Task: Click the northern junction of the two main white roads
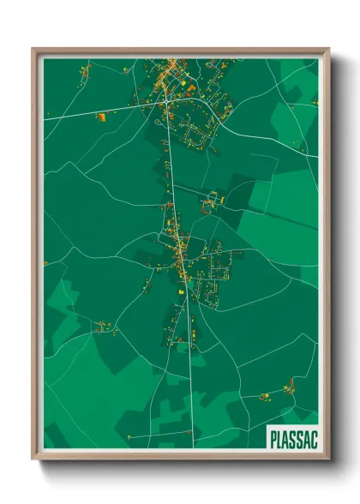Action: pyautogui.click(x=166, y=105)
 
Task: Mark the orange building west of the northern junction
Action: pyautogui.click(x=102, y=115)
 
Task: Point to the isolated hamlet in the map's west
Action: pyautogui.click(x=105, y=326)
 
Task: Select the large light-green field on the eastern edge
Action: pyautogui.click(x=287, y=206)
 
